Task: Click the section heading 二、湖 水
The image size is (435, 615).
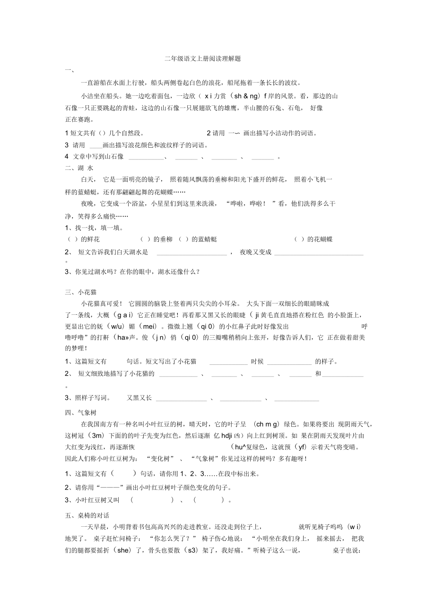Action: (x=79, y=168)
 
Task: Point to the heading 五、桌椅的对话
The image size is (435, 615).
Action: (x=87, y=515)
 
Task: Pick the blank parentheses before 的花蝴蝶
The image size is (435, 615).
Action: (x=299, y=240)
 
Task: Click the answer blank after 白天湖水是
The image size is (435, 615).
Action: (x=191, y=253)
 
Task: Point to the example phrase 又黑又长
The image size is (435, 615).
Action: (x=139, y=398)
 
